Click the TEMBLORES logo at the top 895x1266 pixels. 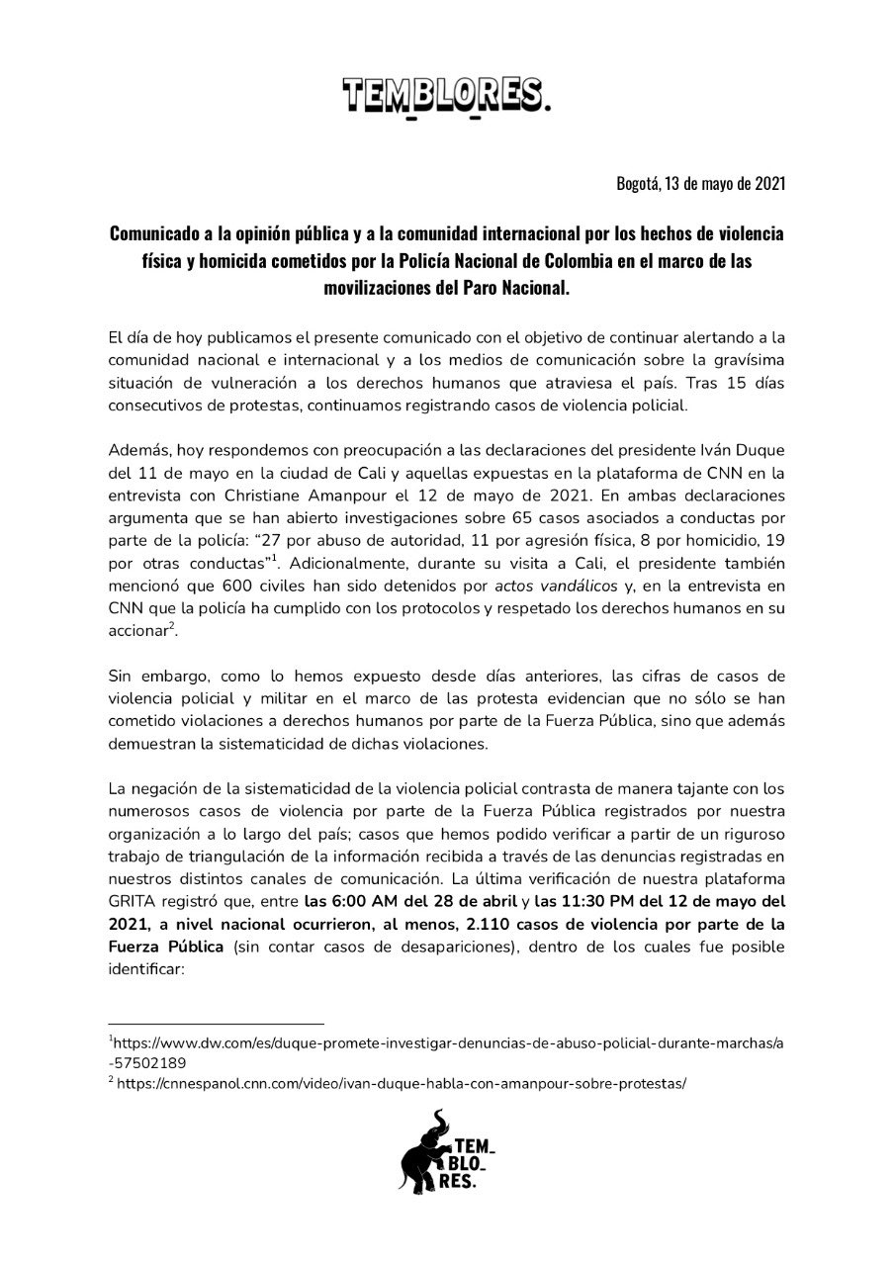446,97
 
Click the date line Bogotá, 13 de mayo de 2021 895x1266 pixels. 700,184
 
